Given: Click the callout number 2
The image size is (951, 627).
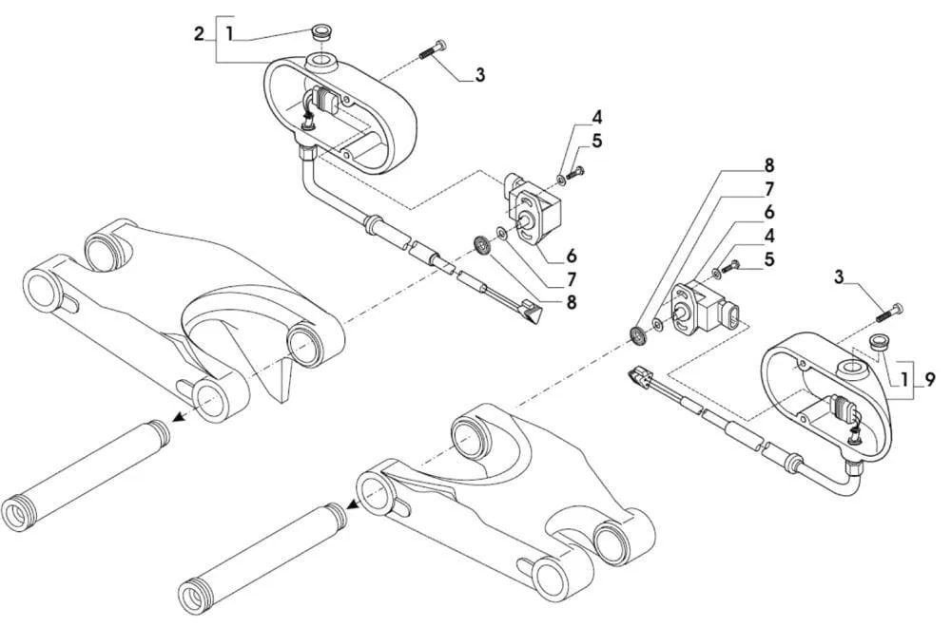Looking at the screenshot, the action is point(199,34).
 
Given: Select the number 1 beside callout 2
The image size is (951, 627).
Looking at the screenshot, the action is point(229,34).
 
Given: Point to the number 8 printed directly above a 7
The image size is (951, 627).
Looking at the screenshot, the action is point(769,164).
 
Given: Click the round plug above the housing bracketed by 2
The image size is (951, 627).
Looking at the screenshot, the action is point(320,32).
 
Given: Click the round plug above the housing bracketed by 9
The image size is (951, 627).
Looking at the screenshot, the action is point(881,343).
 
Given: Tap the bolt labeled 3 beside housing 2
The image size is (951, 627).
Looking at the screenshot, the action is point(433,49).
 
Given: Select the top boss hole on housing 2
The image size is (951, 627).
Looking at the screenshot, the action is point(320,61).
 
